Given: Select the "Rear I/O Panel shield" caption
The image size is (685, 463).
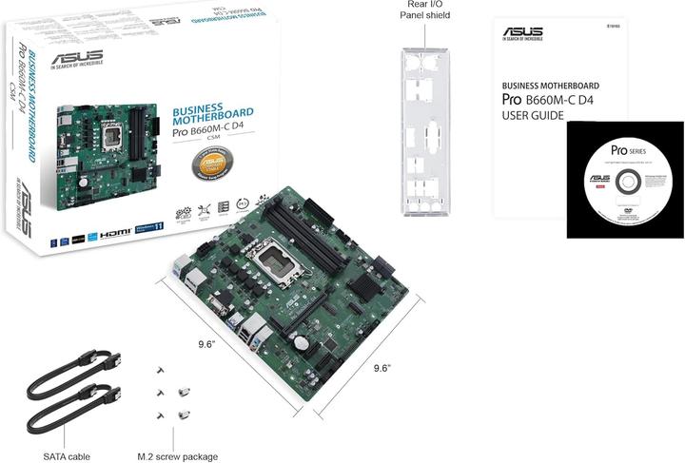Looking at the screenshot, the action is click(x=423, y=11).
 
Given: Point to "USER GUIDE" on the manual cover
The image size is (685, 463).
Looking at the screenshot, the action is click(x=533, y=115).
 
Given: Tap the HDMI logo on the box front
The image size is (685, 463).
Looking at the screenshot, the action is click(x=114, y=232).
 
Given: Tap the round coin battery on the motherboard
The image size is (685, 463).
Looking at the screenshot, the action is click(x=300, y=339).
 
